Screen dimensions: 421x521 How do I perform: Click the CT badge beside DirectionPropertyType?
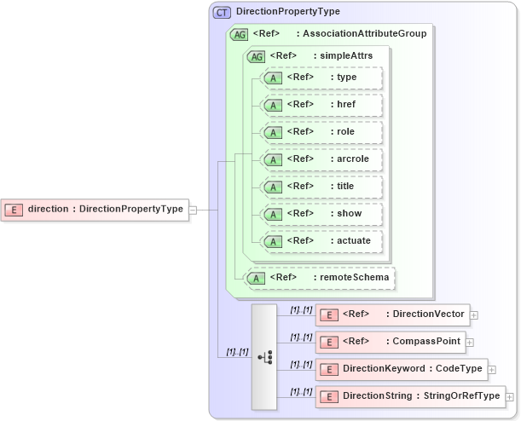[x=223, y=12]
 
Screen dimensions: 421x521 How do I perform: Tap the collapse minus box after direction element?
[x=193, y=209]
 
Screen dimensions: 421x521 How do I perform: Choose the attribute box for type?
[x=321, y=78]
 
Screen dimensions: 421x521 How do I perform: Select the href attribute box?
[x=321, y=105]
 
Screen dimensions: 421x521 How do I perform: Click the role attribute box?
[x=321, y=132]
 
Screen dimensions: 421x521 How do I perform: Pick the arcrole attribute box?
[x=321, y=159]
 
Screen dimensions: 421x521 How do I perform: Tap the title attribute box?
[x=321, y=187]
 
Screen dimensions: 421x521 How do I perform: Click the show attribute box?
[x=321, y=214]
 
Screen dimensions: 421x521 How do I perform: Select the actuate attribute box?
[x=321, y=241]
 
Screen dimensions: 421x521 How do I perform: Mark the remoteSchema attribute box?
[x=320, y=278]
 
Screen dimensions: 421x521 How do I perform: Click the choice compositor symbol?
[x=264, y=355]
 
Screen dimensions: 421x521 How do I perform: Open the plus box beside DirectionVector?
[x=474, y=314]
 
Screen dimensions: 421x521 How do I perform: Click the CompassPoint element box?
[x=391, y=342]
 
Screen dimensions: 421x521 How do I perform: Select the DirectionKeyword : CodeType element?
[x=401, y=369]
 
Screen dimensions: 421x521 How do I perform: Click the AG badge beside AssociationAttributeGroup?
[x=240, y=34]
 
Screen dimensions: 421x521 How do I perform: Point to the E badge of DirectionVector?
[x=329, y=314]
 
